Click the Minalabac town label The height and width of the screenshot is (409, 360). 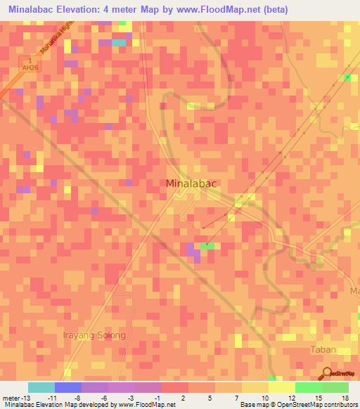(x=191, y=183)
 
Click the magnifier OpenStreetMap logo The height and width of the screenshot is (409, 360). (x=328, y=374)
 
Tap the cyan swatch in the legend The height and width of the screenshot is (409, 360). (x=41, y=387)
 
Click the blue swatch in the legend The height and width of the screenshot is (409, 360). (x=67, y=387)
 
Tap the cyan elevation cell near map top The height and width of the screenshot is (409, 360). (x=119, y=42)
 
